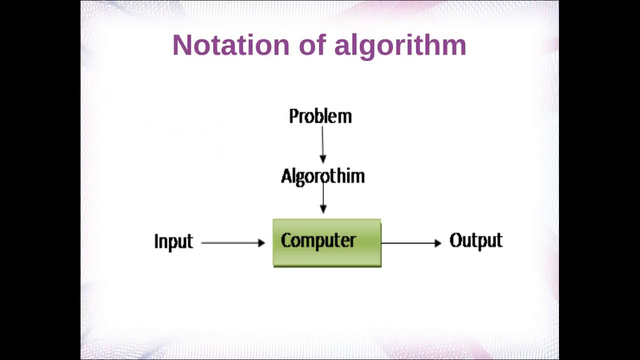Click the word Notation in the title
[230, 45]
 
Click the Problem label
[320, 116]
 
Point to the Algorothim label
[323, 176]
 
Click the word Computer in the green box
[318, 240]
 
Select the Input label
[173, 241]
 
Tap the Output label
[476, 240]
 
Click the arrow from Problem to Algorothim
[322, 142]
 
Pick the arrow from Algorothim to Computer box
[323, 197]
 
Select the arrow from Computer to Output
[410, 242]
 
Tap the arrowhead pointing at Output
[438, 242]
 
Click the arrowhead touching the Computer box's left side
[261, 242]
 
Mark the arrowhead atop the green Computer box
[323, 209]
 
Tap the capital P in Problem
[293, 116]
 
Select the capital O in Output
[456, 240]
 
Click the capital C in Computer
[286, 240]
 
